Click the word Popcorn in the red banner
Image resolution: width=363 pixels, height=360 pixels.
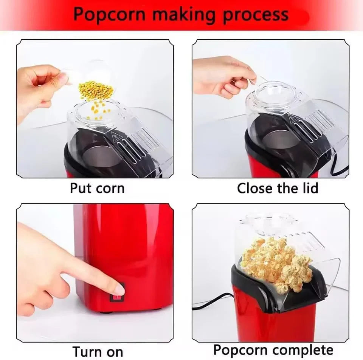click(x=109, y=14)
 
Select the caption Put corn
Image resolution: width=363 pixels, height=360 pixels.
click(x=97, y=188)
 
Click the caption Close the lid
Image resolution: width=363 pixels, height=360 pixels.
click(x=278, y=188)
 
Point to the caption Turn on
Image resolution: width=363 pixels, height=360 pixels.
click(x=98, y=351)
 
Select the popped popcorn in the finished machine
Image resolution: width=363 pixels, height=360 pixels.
click(x=276, y=261)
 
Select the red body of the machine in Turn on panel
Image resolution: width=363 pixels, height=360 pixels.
click(x=125, y=246)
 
